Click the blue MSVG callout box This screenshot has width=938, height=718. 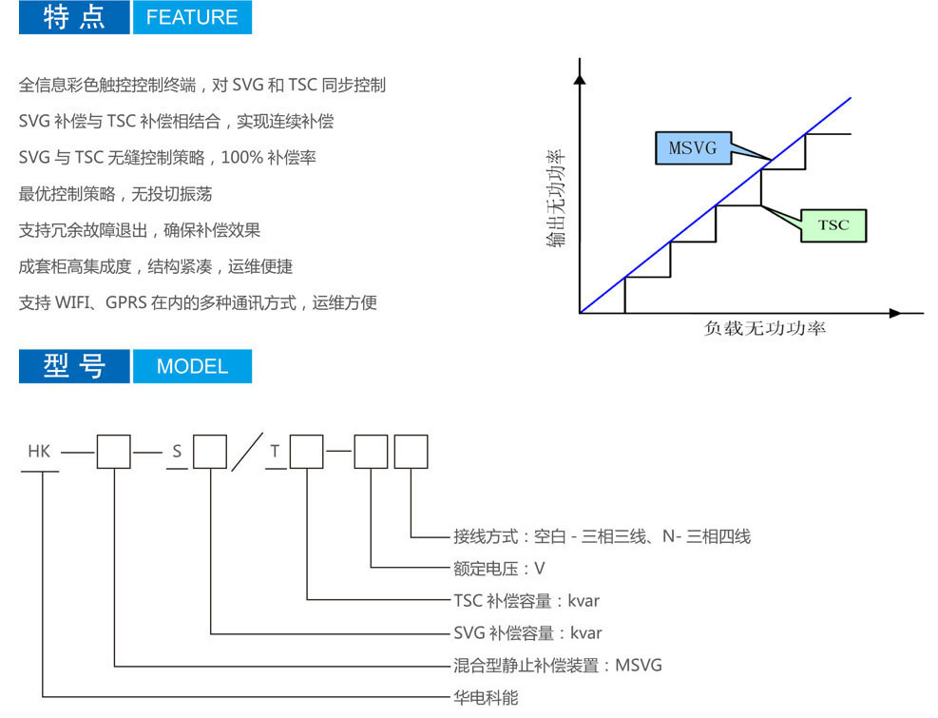694,148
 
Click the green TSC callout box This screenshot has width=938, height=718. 833,225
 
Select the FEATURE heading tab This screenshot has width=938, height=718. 192,17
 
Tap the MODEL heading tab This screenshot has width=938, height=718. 192,366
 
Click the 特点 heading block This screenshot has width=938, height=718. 74,17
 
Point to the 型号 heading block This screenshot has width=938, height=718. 74,366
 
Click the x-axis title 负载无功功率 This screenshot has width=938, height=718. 764,328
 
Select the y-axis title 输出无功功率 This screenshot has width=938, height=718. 555,198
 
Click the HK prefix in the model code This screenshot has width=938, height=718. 39,451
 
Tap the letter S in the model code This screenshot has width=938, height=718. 177,451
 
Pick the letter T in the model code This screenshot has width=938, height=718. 275,451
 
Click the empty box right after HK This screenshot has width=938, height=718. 114,452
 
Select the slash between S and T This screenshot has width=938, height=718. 247,452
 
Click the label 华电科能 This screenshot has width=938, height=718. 486,698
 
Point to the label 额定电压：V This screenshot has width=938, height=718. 499,569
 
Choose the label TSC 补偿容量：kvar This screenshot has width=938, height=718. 526,601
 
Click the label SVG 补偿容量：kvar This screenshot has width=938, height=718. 527,633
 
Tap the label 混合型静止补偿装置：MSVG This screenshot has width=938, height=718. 558,666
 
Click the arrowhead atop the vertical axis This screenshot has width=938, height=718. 579,78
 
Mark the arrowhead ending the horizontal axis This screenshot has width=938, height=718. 895,313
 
